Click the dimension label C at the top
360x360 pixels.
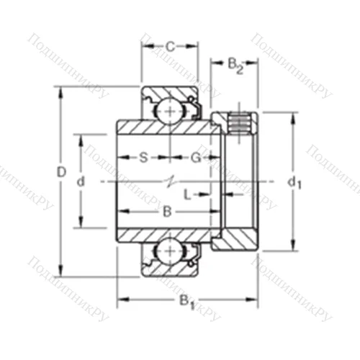(169, 47)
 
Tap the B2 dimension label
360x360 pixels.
(235, 65)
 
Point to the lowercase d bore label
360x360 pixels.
(81, 182)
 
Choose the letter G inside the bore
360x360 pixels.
(194, 157)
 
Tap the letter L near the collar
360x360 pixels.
(186, 194)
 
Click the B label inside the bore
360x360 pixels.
(167, 211)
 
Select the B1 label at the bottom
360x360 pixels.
(186, 300)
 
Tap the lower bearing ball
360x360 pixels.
(169, 252)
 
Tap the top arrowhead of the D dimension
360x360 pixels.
(60, 91)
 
